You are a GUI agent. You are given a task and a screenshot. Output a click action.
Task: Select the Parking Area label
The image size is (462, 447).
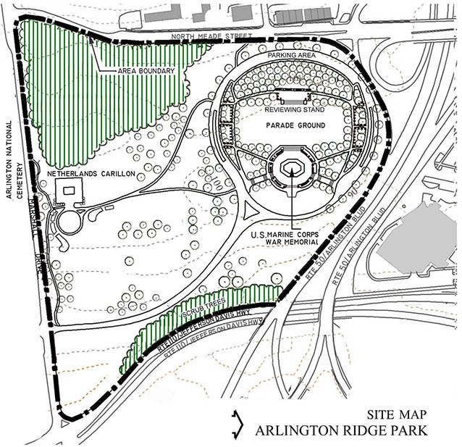tap(292, 55)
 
